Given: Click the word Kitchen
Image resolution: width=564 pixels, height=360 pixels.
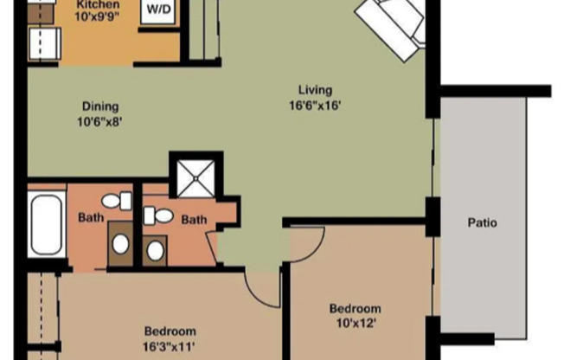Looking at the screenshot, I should [97, 3].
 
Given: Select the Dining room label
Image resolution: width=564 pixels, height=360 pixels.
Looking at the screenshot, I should [100, 106].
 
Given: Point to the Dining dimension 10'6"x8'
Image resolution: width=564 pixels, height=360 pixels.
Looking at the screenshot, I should [100, 121].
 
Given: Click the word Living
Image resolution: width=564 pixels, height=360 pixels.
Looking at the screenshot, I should [315, 90].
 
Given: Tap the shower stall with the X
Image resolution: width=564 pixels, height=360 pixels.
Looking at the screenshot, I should [195, 177].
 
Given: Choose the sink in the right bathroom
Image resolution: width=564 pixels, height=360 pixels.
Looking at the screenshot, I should [156, 249].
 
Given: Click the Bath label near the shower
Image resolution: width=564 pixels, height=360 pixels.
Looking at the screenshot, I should [194, 220].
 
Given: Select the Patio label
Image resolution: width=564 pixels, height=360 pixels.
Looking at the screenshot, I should [482, 222].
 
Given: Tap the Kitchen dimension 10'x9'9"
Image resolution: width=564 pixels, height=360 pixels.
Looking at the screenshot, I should [97, 16].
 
